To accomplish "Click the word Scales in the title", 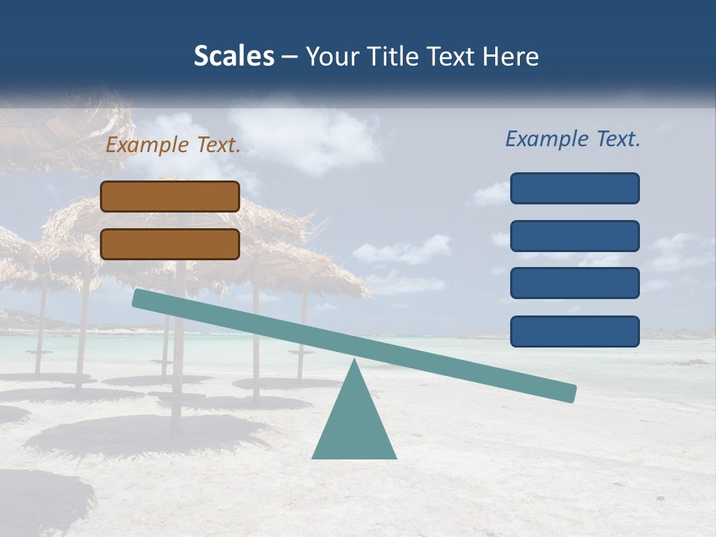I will tap(233, 56).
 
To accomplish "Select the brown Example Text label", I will tap(173, 145).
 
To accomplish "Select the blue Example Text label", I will tap(573, 139).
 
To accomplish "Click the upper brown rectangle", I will tap(170, 196).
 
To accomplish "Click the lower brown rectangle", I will tap(170, 244).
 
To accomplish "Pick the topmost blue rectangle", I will tap(574, 188).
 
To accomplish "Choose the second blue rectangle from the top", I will tap(574, 236).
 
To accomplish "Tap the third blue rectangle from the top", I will tap(574, 283).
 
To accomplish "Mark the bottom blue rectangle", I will tap(574, 331).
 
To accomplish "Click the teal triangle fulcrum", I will tap(354, 425).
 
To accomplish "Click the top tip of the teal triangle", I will tap(354, 362).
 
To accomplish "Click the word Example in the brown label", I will tap(148, 145).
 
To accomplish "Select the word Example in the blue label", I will tap(547, 139).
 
